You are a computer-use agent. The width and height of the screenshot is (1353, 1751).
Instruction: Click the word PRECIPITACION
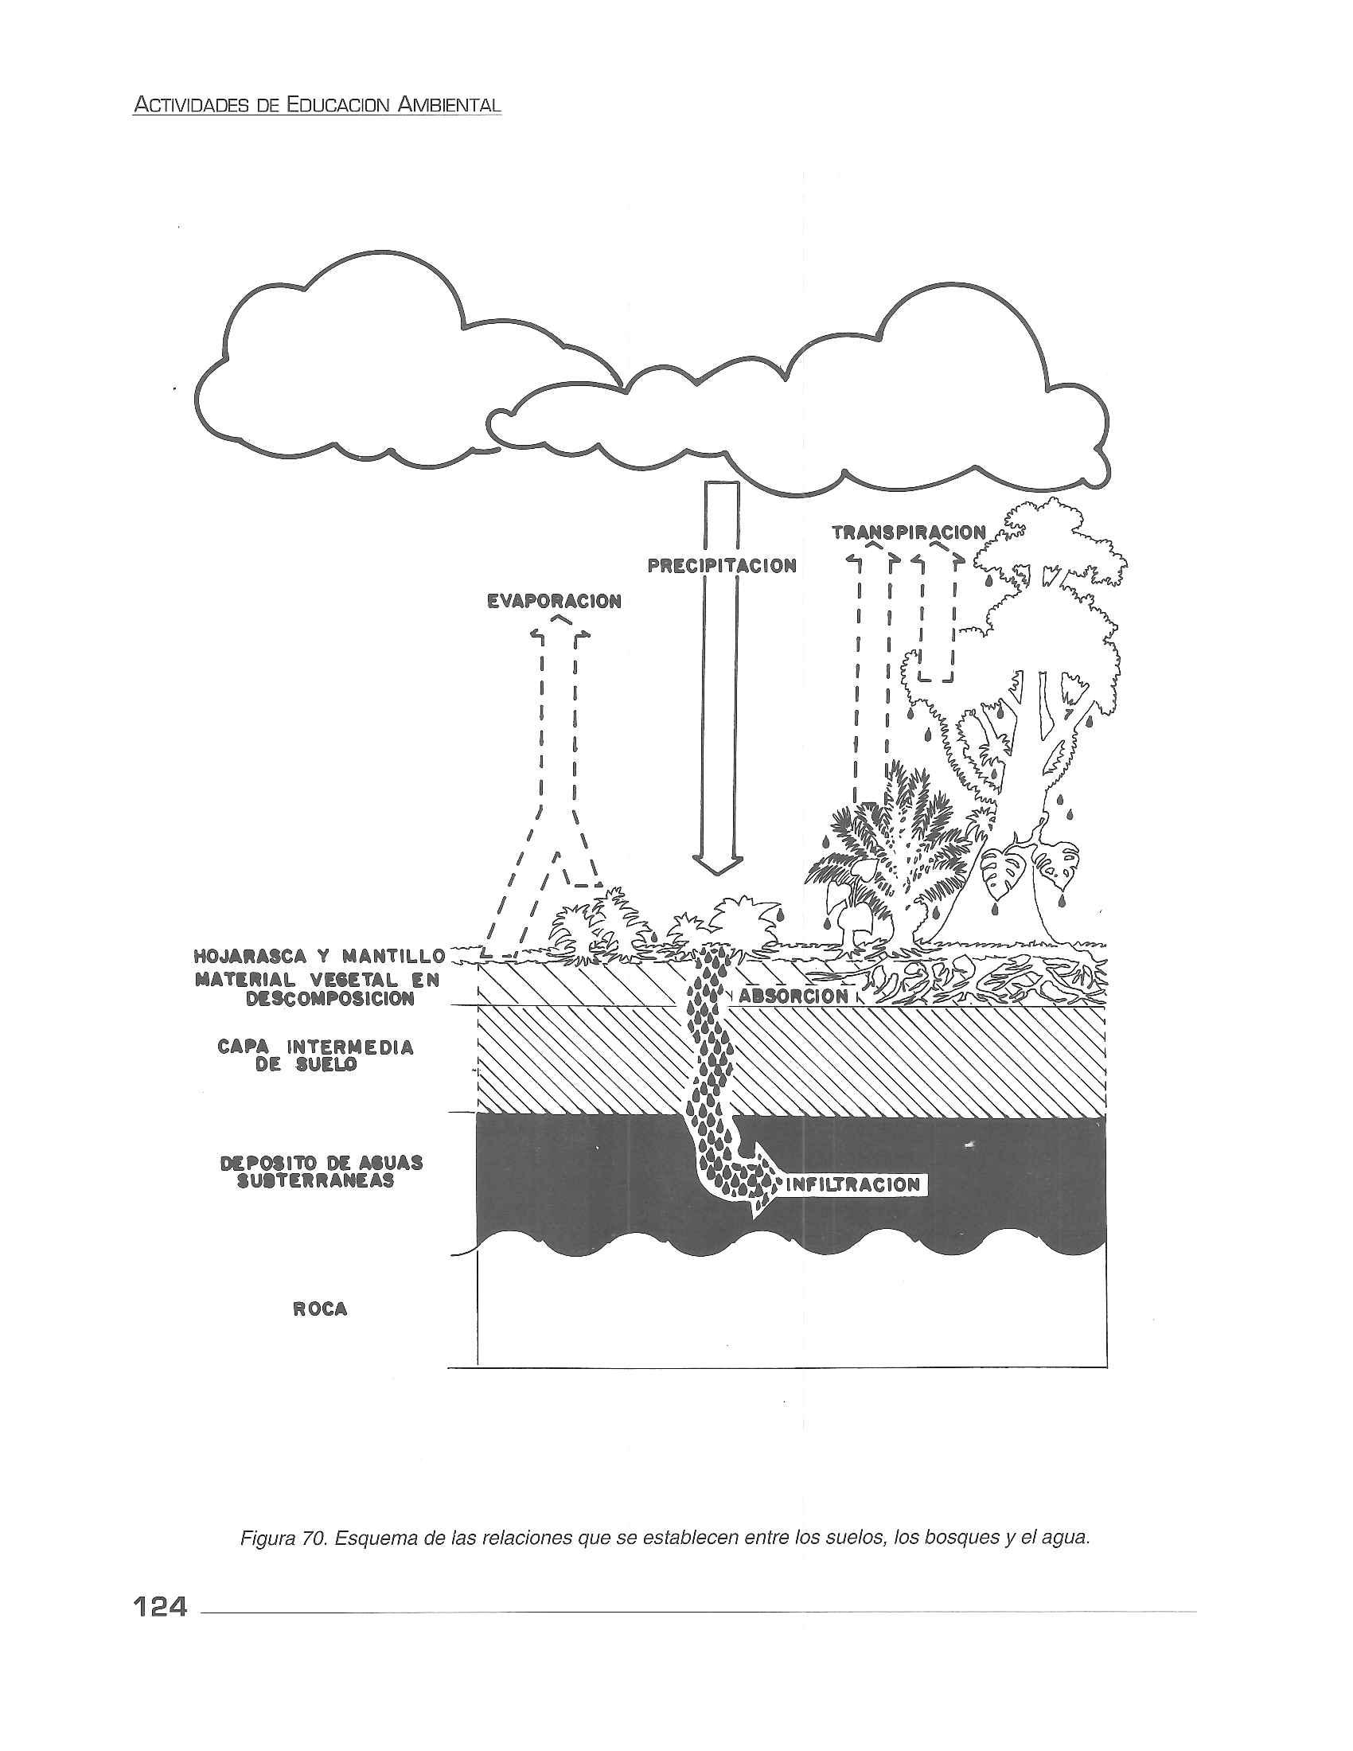point(721,566)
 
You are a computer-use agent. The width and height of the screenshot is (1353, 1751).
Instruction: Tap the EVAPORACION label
point(554,601)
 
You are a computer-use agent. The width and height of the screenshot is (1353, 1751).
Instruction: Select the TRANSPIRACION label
point(908,532)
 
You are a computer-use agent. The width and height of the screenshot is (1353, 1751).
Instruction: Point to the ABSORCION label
point(793,996)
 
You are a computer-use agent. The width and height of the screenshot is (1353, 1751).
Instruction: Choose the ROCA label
point(321,1309)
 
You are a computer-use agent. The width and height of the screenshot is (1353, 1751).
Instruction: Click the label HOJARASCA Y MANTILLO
point(319,957)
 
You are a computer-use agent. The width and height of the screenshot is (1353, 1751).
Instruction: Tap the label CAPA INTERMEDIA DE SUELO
point(315,1056)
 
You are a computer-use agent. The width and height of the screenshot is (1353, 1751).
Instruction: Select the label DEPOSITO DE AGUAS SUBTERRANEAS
point(322,1172)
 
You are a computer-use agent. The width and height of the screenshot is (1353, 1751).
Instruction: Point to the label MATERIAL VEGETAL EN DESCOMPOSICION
point(318,989)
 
